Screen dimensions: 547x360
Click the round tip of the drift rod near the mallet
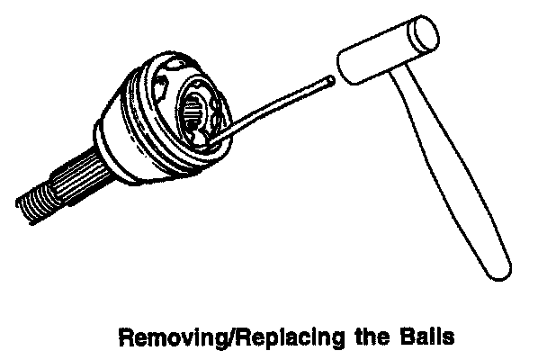[x=333, y=80]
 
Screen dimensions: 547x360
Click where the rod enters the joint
[x=214, y=140]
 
